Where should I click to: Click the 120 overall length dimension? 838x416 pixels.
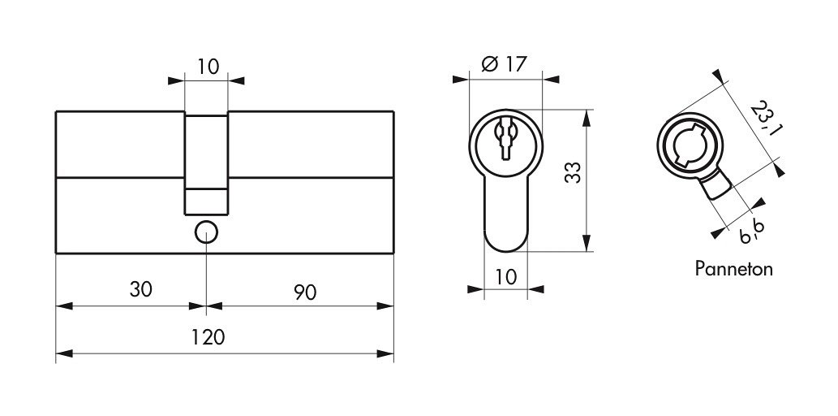coord(208,337)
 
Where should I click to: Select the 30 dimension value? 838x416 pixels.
coord(141,289)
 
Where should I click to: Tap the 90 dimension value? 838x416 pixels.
coord(305,292)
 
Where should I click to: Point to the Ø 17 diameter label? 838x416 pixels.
coord(504,64)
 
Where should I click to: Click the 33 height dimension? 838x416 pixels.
coord(573,172)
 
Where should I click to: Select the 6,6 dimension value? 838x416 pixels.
coord(752,232)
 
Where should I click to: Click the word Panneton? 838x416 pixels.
coord(734,268)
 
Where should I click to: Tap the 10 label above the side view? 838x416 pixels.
coord(208,67)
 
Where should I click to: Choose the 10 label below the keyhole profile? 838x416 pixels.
coord(506,277)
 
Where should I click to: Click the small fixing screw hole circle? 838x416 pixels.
coord(206,232)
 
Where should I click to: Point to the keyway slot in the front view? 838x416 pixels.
coord(505,139)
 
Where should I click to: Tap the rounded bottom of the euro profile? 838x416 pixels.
coord(505,241)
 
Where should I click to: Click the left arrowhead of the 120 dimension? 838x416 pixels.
coord(64,354)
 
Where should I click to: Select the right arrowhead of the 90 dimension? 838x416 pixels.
coord(385,306)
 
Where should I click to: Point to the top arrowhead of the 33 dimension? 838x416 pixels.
coord(587,118)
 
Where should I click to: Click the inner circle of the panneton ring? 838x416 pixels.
coord(690,145)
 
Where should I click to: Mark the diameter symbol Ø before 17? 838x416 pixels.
coord(490,65)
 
